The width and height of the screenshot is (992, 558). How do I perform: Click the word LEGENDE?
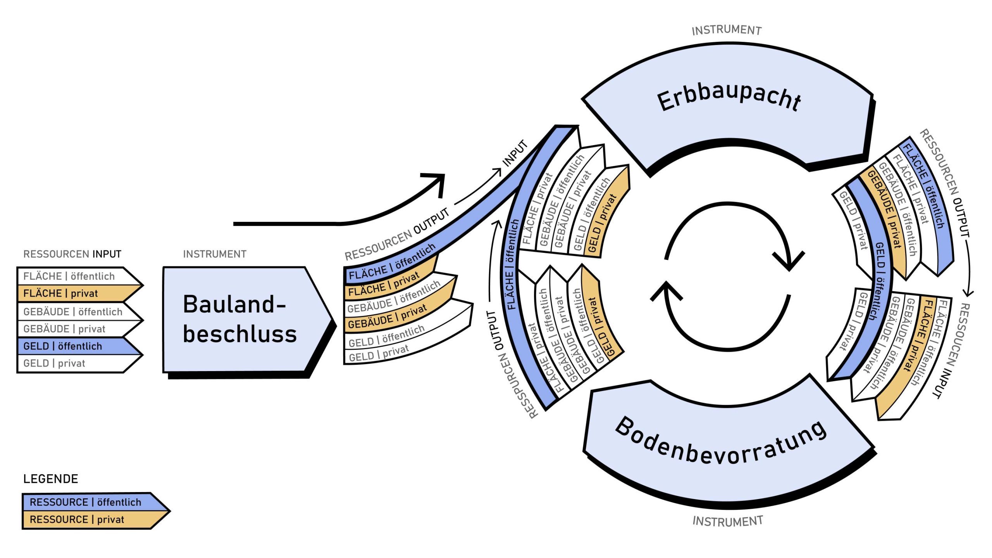[51, 479]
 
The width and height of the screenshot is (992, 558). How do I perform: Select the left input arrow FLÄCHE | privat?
[70, 294]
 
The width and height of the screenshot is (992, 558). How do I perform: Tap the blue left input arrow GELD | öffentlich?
[70, 346]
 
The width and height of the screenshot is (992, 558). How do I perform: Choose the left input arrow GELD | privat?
[66, 363]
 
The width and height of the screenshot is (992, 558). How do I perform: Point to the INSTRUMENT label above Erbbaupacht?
[727, 30]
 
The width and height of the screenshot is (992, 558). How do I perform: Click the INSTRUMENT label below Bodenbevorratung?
[728, 521]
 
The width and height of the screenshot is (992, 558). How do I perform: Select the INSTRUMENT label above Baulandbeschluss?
[215, 254]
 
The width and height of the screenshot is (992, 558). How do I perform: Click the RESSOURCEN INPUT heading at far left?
[72, 254]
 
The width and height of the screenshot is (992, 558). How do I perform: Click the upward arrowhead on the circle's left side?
[666, 291]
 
